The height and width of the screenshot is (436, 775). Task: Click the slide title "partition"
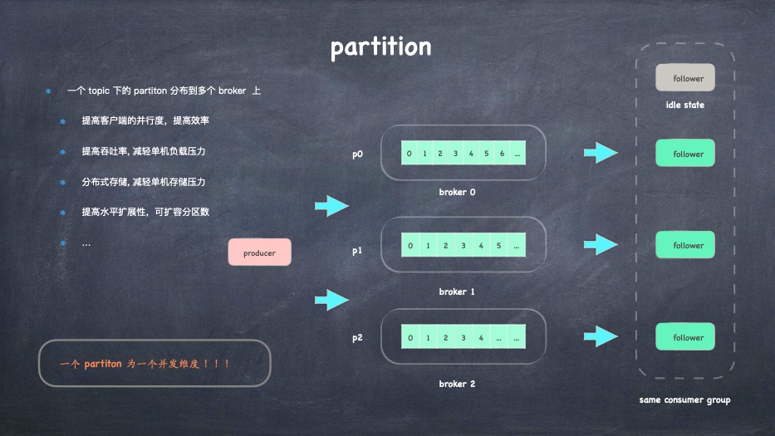click(x=380, y=47)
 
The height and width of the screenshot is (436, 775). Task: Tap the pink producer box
click(x=260, y=252)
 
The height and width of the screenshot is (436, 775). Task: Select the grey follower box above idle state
click(x=684, y=78)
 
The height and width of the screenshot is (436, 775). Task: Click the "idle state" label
click(x=684, y=105)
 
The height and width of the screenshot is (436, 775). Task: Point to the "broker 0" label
click(x=457, y=192)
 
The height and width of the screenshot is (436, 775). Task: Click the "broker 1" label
click(x=457, y=291)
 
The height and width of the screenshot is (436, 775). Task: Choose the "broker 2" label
click(x=457, y=384)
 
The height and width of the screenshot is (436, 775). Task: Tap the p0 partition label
click(x=357, y=154)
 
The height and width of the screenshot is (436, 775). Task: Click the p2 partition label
click(x=357, y=338)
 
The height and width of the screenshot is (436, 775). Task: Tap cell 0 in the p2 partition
click(x=410, y=338)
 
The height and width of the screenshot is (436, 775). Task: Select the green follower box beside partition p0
click(x=684, y=154)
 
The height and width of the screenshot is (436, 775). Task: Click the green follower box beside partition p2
click(x=684, y=337)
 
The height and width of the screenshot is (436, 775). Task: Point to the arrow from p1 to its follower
click(x=601, y=245)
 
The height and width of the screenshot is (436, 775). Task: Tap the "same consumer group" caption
click(x=684, y=400)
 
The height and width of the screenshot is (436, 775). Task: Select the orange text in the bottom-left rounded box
click(x=145, y=364)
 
